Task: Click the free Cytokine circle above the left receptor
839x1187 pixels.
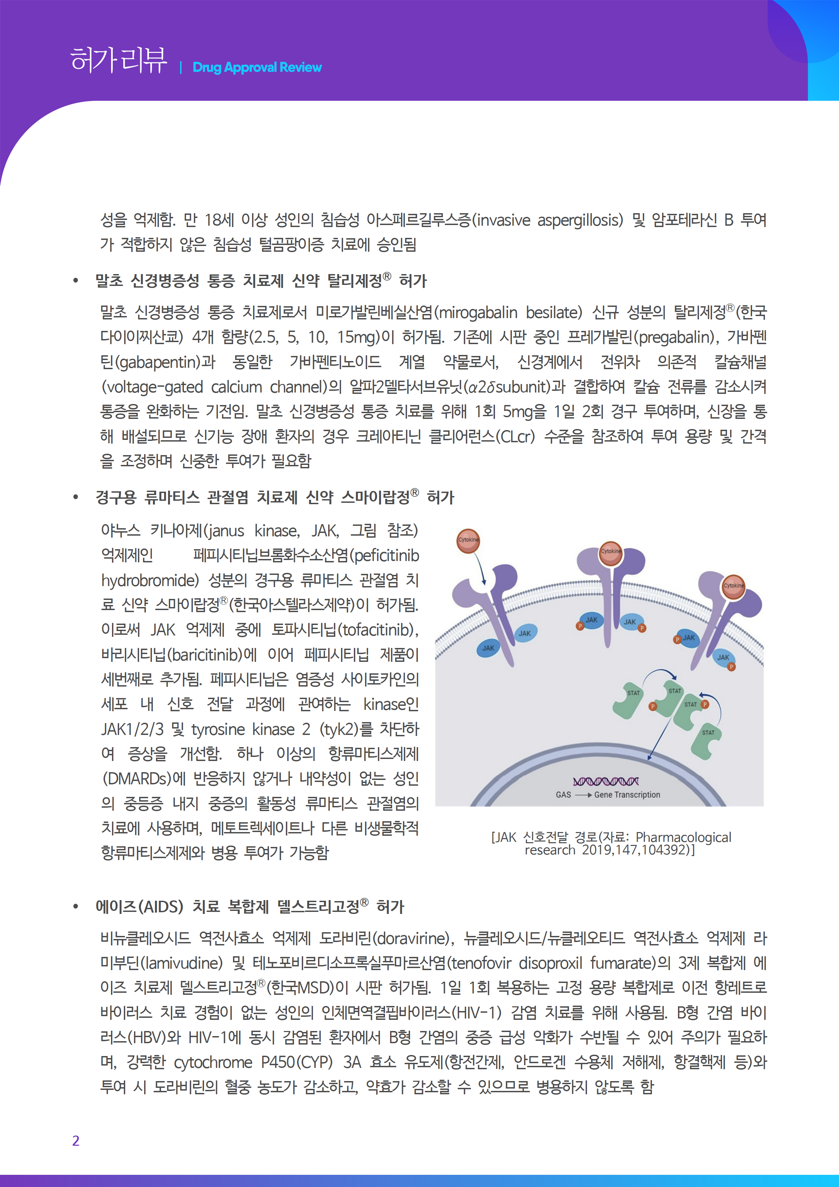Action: click(x=468, y=540)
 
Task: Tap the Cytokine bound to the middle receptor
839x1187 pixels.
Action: click(x=611, y=552)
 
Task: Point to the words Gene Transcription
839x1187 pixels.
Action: click(x=627, y=794)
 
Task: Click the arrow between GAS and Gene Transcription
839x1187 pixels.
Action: click(x=583, y=794)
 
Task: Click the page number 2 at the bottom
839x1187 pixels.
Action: click(x=76, y=1140)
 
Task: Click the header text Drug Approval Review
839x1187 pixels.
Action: click(x=257, y=67)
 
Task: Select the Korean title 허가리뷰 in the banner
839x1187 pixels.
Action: click(x=119, y=60)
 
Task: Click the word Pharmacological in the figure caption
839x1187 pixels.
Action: click(x=683, y=837)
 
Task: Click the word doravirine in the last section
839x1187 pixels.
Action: click(x=411, y=938)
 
